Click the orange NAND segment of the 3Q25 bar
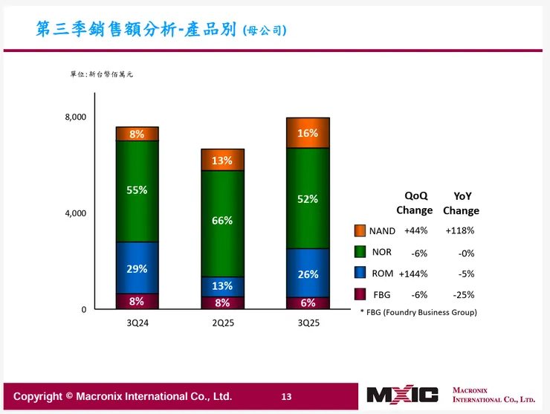tap(308, 133)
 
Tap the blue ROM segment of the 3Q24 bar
tap(137, 268)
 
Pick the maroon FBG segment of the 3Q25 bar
tap(308, 303)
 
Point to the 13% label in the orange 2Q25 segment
tap(222, 161)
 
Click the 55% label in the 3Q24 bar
tap(137, 190)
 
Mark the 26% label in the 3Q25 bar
tap(308, 274)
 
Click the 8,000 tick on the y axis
tap(75, 117)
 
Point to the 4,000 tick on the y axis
tap(75, 213)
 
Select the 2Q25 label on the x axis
tap(222, 325)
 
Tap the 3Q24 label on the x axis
tap(137, 325)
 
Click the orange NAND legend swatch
tap(360, 230)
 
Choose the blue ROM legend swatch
tap(360, 273)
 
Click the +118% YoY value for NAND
tap(459, 230)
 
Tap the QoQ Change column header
tap(415, 203)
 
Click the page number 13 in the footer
tap(286, 397)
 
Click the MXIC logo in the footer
tap(402, 395)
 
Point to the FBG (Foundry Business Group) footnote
tap(418, 312)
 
